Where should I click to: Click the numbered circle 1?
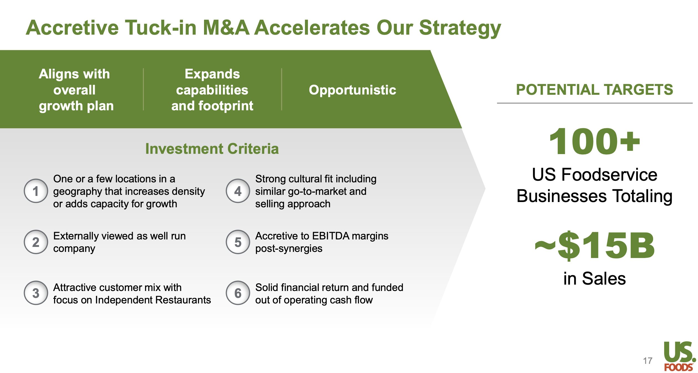point(36,191)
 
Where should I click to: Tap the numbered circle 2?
point(36,242)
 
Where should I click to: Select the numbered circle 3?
point(36,293)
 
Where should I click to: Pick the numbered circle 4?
point(238,191)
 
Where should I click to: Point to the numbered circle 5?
point(238,242)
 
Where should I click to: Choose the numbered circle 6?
point(238,293)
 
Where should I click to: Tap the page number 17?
point(648,361)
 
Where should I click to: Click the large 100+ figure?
point(595,141)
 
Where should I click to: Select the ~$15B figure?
point(595,246)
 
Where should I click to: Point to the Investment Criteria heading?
point(212,149)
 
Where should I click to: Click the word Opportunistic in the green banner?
point(353,90)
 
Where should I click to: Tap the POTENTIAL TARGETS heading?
point(595,90)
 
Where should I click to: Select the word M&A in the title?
point(226,28)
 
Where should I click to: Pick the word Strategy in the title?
point(460,29)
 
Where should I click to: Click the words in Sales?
point(595,279)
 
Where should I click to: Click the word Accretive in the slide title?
point(72,28)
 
